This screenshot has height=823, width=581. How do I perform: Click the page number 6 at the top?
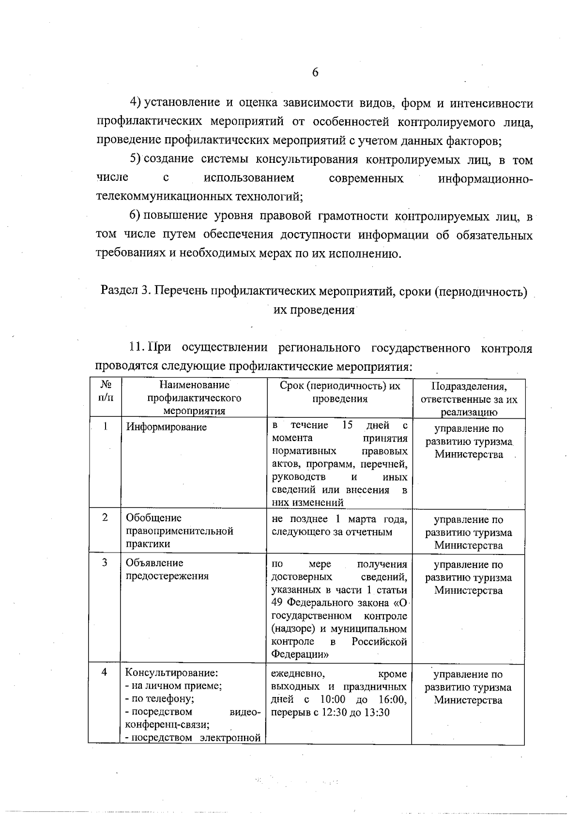coord(315,73)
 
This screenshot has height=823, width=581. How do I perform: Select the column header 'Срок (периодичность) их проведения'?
coord(339,392)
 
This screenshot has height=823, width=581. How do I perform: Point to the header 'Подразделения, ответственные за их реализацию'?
coord(468,399)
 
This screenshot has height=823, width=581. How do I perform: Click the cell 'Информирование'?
coord(166,427)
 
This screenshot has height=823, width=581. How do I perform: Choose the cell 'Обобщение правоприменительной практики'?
coord(179,531)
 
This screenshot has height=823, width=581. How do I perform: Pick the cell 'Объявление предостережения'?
coord(167,570)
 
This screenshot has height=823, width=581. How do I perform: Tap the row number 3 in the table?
coord(105,563)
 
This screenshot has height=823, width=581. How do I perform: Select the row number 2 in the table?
coord(105,517)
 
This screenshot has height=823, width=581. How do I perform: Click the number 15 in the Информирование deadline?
coord(347,426)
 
